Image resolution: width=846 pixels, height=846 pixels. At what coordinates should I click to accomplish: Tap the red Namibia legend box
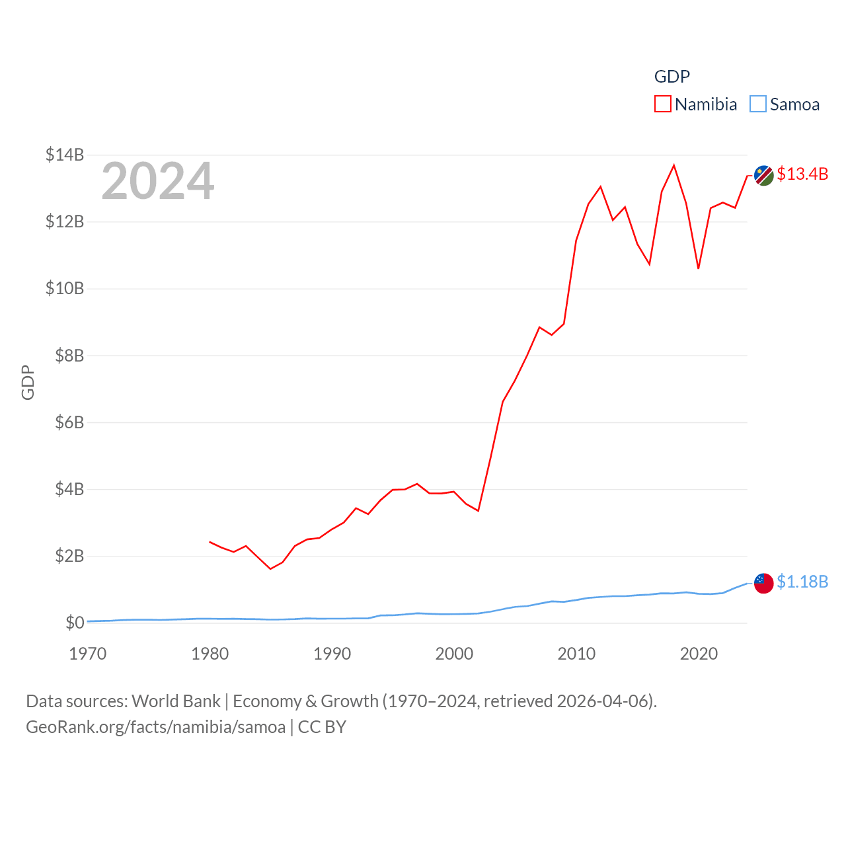pyautogui.click(x=663, y=104)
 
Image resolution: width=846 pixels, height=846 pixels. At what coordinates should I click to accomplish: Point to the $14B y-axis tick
pyautogui.click(x=65, y=155)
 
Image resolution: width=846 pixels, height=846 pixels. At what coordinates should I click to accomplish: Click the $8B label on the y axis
pyautogui.click(x=69, y=356)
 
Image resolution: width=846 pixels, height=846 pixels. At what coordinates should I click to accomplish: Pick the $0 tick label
pyautogui.click(x=75, y=623)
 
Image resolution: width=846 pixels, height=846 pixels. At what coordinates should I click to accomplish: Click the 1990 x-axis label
pyautogui.click(x=332, y=654)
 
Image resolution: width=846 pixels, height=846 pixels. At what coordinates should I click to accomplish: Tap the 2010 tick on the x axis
pyautogui.click(x=576, y=654)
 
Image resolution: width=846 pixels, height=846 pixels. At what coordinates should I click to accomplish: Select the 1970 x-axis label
pyautogui.click(x=88, y=654)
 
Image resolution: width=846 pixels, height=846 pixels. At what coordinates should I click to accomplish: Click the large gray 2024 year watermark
pyautogui.click(x=158, y=181)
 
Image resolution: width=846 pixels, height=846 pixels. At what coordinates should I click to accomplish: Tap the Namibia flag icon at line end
pyautogui.click(x=764, y=176)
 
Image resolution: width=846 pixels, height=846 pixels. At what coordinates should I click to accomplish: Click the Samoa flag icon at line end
pyautogui.click(x=764, y=583)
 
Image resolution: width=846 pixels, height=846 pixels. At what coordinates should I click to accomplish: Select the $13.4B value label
pyautogui.click(x=802, y=174)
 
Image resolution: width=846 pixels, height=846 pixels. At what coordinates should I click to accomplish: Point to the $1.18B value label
pyautogui.click(x=802, y=582)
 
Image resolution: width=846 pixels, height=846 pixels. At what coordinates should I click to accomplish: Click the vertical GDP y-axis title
pyautogui.click(x=28, y=382)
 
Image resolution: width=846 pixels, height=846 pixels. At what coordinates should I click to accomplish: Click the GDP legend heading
pyautogui.click(x=672, y=77)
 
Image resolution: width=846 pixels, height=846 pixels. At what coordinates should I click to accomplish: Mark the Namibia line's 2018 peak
pyautogui.click(x=674, y=165)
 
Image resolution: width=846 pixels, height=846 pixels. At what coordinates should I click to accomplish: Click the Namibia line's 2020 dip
pyautogui.click(x=699, y=268)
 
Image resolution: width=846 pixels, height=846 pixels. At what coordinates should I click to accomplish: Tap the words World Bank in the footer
pyautogui.click(x=176, y=701)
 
